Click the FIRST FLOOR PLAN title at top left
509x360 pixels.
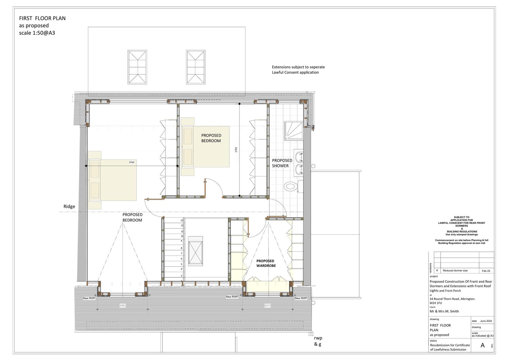coord(42,18)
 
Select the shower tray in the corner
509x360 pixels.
coord(295,131)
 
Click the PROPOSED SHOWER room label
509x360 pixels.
coord(282,163)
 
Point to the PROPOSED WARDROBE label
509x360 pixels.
coord(266,263)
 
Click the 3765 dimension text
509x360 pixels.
coord(132,162)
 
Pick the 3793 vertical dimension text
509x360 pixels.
coord(236,150)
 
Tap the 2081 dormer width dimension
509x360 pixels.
coord(122,306)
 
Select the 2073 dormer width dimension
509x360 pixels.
coord(268,306)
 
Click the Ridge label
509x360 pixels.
coord(69,206)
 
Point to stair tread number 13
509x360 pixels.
coord(182,220)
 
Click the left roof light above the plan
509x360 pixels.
coord(137,67)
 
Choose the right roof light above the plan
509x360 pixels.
coord(196,67)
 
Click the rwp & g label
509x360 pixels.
coord(318,341)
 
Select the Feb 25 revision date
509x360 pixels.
coord(486,271)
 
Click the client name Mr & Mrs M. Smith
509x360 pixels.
coord(444,311)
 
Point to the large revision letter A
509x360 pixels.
coord(483,345)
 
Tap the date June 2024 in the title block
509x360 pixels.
coord(486,321)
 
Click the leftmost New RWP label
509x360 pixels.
coord(89,298)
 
